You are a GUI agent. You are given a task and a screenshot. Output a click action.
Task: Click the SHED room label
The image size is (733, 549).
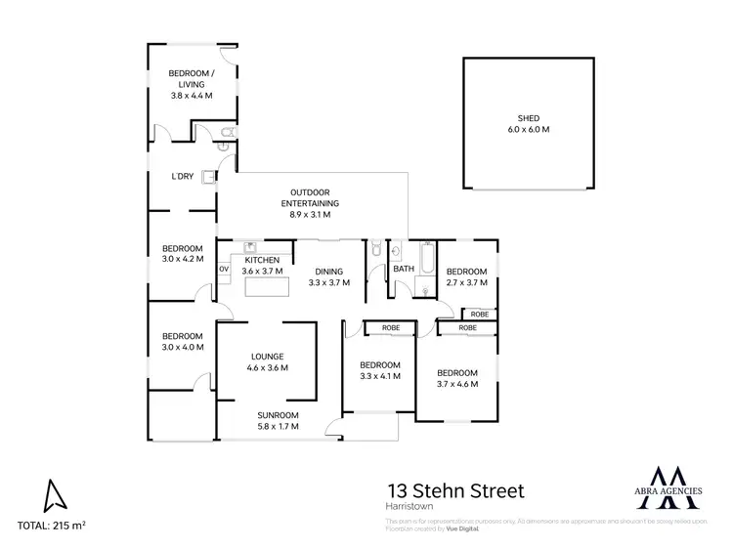coord(528,118)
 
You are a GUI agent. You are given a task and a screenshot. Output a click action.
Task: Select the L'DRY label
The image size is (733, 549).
coord(182,177)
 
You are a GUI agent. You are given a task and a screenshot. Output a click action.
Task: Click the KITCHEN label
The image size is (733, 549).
coord(262,260)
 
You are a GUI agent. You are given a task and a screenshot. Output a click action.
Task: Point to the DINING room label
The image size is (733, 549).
coord(327,272)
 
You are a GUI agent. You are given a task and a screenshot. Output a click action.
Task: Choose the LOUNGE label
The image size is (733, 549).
coord(267,357)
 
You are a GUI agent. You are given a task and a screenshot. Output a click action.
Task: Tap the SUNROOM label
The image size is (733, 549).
coord(279,414)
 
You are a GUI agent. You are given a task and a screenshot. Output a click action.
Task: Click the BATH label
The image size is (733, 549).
coord(403,270)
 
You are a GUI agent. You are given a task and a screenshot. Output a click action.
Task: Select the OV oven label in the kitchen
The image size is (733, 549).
coord(224,270)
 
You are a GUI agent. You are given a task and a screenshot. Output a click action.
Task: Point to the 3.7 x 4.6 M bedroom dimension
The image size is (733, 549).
coord(456,384)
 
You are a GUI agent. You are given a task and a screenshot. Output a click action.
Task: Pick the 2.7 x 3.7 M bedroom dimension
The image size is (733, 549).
coord(466,282)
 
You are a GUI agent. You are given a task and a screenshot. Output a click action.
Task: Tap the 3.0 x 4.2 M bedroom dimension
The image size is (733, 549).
coord(182,259)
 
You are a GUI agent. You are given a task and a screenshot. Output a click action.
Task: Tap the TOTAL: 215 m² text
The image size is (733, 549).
coord(52,526)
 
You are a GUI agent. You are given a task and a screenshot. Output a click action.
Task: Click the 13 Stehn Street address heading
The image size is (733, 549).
coord(455,489)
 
